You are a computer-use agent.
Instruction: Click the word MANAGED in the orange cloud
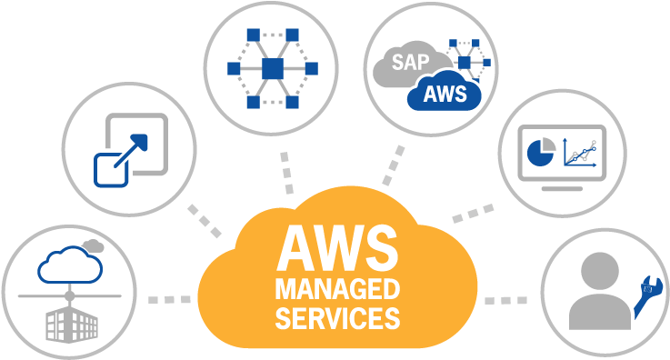point(337,290)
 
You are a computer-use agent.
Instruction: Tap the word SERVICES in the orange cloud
point(337,318)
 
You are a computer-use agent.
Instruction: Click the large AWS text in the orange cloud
point(337,248)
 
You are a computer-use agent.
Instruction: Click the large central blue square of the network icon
point(272,68)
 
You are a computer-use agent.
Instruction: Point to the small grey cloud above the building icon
point(92,245)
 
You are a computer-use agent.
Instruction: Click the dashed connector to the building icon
point(168,298)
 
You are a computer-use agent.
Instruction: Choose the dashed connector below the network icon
point(287,170)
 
